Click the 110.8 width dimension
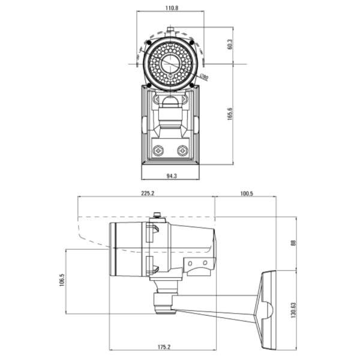pos(172,8)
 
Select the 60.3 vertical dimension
pos(230,45)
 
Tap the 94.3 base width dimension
pos(171,176)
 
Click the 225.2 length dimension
pos(147,194)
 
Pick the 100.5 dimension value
pos(246,194)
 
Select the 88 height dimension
pos(294,243)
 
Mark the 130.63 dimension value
pos(294,311)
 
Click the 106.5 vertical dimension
pos(62,281)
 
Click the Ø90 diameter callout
pos(203,77)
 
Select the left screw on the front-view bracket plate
pos(158,150)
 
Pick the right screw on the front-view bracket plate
pos(182,150)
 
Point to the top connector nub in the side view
pos(157,214)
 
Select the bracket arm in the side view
pos(216,303)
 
